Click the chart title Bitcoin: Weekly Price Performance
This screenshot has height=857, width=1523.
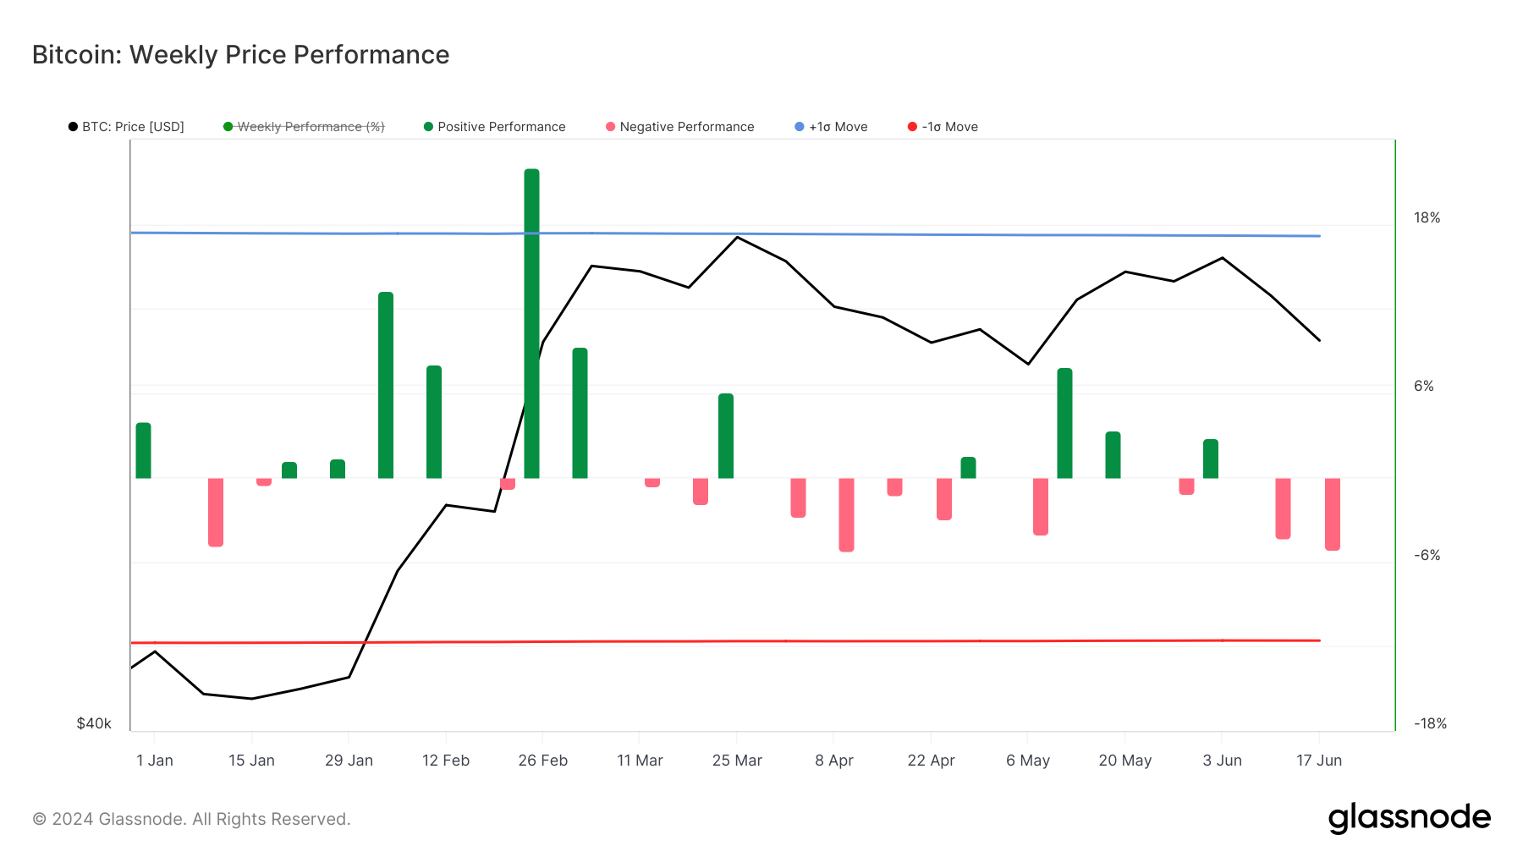240,55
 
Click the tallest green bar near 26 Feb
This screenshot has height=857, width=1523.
531,321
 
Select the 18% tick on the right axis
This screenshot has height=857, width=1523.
1427,218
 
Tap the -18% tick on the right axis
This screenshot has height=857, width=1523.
1430,723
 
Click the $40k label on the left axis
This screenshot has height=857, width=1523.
94,723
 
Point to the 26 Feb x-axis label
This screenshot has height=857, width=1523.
542,761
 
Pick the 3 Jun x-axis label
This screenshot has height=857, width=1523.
1222,761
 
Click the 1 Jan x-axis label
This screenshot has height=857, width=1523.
155,761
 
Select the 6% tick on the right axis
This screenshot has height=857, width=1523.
1424,387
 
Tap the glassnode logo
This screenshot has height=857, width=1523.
1409,818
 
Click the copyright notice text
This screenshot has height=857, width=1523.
191,819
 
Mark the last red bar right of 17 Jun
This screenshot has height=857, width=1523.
1333,514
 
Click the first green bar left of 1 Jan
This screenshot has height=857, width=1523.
143,450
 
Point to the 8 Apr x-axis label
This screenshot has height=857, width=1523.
834,761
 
